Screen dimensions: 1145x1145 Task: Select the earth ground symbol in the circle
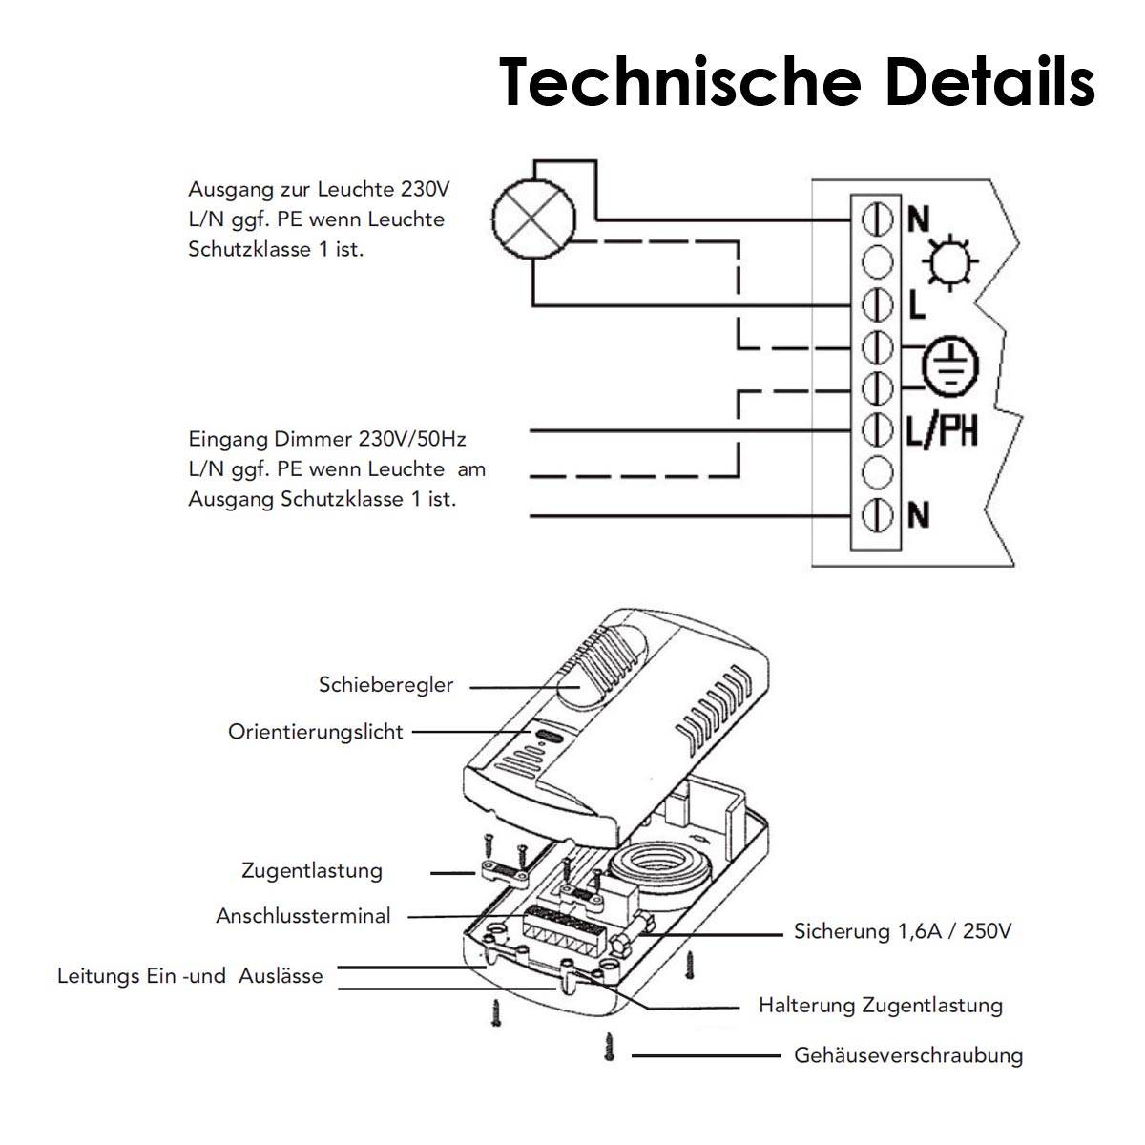[x=950, y=365]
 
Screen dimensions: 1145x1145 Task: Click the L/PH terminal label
[x=942, y=431]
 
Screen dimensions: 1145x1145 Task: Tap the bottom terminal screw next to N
[x=877, y=515]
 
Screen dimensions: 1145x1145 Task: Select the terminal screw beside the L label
[x=877, y=305]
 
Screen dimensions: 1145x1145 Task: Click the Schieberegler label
[x=386, y=685]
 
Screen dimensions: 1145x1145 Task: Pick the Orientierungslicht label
[x=316, y=732]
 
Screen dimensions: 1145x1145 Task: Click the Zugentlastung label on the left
[x=312, y=870]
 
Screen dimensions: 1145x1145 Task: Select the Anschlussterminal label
[x=303, y=916]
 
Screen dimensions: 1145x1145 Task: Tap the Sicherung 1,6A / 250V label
[x=902, y=931]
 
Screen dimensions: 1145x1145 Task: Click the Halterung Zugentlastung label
[x=881, y=1005]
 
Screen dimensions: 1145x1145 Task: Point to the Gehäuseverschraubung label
[x=908, y=1055]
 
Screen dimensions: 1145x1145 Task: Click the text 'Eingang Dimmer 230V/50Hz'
[x=327, y=439]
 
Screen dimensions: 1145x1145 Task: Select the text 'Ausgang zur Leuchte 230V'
[x=316, y=188]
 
